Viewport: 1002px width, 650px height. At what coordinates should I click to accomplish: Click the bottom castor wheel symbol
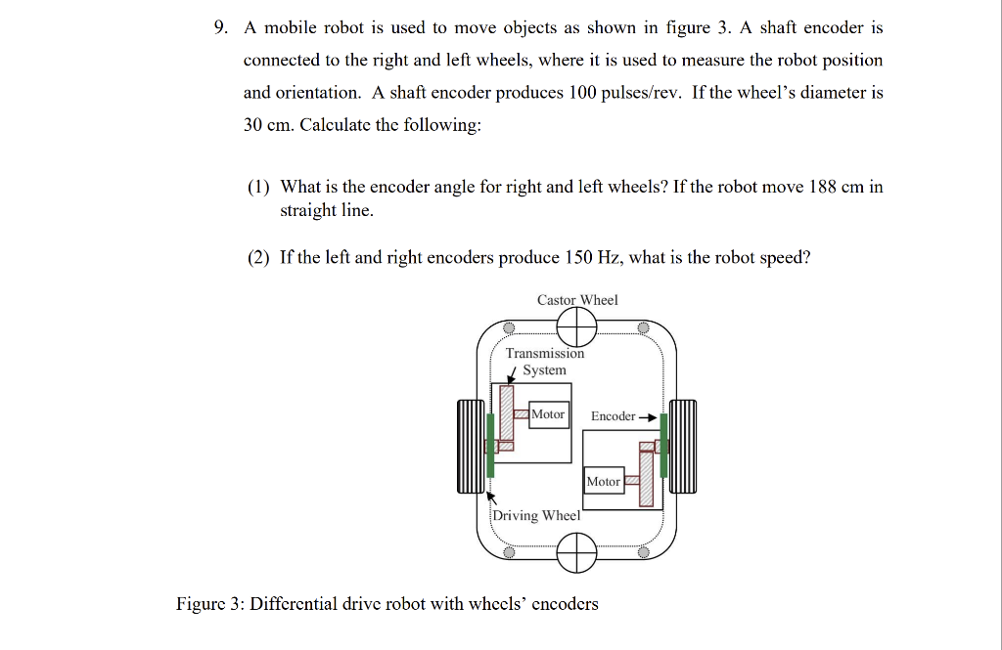point(576,553)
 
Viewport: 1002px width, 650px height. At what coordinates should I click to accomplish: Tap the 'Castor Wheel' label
point(577,300)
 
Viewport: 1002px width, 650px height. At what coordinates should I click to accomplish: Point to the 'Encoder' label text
point(613,416)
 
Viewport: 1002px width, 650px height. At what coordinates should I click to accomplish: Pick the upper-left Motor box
point(548,414)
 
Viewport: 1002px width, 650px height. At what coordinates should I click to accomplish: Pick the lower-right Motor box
point(603,481)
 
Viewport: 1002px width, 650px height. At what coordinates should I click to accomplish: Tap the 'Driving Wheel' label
point(536,515)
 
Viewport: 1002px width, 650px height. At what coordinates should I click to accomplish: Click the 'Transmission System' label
point(544,362)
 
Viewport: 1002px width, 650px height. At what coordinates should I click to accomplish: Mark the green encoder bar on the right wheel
point(663,445)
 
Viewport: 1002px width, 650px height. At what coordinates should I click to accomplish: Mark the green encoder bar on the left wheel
point(489,445)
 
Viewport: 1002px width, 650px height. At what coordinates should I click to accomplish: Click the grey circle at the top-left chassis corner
point(508,327)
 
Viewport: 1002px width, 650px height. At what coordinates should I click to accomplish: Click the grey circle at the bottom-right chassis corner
point(643,552)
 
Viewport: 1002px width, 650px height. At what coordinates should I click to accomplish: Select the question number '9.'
point(223,27)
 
